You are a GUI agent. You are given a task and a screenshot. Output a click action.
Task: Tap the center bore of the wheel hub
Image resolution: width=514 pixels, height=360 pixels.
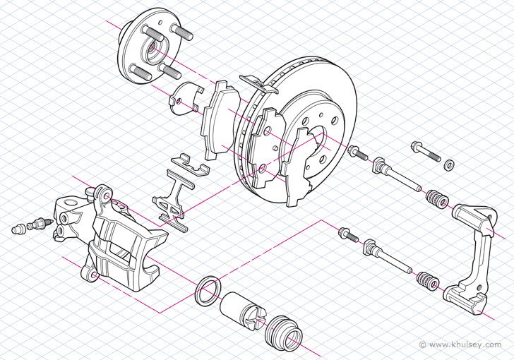pos(152,51)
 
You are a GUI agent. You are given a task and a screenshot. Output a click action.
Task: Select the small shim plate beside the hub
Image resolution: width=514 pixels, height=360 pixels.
pos(185,97)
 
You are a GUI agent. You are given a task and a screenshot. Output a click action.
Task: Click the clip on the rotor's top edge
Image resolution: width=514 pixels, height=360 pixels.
pos(258,83)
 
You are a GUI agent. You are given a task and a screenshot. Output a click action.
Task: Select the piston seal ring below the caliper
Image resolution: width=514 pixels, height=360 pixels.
pos(206,291)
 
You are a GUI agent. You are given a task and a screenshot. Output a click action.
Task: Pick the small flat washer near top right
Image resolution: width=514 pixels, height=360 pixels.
pos(448,165)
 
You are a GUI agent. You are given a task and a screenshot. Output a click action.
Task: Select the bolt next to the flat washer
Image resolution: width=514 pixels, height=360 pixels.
pos(422,151)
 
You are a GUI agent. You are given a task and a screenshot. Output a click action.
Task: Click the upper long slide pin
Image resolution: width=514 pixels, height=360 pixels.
pos(399,178)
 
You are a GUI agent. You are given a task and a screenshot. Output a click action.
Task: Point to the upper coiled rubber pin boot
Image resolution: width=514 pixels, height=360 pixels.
pos(436,200)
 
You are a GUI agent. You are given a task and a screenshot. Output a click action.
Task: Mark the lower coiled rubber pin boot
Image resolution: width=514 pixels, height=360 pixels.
pos(426,282)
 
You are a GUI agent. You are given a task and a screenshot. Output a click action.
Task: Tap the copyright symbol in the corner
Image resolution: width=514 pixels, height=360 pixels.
pos(422,345)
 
